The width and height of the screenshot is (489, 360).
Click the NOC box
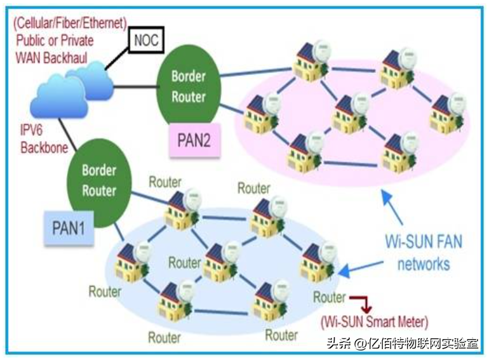coord(146,41)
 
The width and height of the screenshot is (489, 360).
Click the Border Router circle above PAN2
coord(189,88)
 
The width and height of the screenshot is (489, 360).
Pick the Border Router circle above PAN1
coord(99,181)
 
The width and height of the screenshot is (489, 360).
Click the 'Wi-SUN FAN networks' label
coord(424,252)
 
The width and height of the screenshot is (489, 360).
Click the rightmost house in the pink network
coord(448,113)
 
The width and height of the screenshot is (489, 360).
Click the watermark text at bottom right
coord(402,343)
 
